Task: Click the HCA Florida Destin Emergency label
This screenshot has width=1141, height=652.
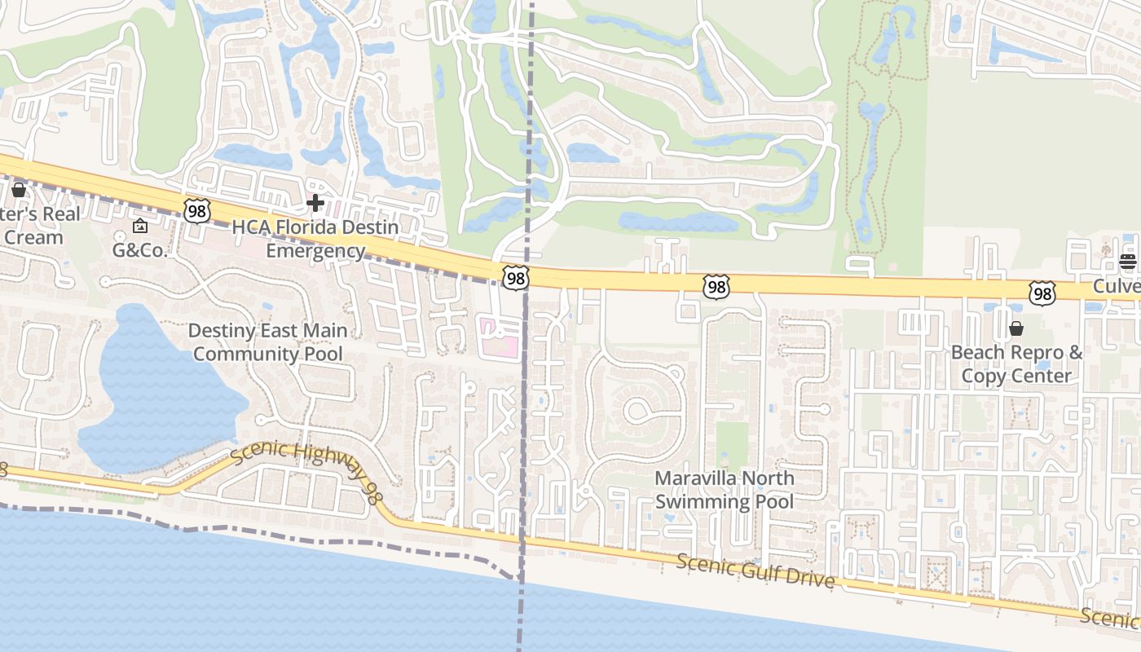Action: [315, 239]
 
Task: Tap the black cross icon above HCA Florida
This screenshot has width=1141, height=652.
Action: [315, 203]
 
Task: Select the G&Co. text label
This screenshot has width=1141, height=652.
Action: [139, 250]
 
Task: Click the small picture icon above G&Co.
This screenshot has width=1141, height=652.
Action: [139, 226]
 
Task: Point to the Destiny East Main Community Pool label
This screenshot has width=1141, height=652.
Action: [268, 342]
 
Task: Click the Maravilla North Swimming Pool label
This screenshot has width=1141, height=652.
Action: [724, 489]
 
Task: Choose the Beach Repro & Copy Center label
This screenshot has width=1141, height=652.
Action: [1016, 364]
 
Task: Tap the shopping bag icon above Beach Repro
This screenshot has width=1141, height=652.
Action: [1016, 328]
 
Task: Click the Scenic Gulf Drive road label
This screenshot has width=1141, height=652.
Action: [756, 571]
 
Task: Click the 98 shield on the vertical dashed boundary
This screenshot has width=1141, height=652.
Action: [515, 278]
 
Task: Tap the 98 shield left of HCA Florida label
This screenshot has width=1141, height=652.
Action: [196, 211]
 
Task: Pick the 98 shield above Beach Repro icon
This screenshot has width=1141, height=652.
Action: [1042, 293]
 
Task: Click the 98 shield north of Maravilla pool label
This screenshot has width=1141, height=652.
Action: [716, 286]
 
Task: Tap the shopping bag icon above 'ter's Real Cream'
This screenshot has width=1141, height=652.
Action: [18, 190]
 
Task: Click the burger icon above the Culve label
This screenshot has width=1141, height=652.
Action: [1127, 262]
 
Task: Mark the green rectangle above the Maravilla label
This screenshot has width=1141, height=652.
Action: [731, 444]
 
